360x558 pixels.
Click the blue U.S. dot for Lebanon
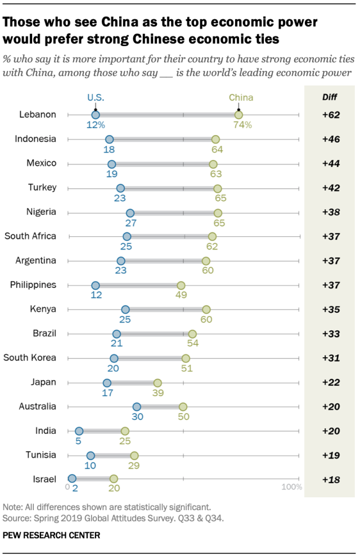pyautogui.click(x=96, y=115)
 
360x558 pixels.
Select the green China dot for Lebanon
pyautogui.click(x=238, y=115)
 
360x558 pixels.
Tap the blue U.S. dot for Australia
pyautogui.click(x=137, y=407)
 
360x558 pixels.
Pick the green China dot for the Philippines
pyautogui.click(x=181, y=285)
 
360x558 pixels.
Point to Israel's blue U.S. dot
pyautogui.click(x=72, y=479)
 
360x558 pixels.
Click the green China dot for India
pyautogui.click(x=125, y=431)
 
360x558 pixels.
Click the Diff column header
pyautogui.click(x=330, y=96)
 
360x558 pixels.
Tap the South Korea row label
pyautogui.click(x=30, y=358)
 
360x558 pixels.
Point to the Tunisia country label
pyautogui.click(x=40, y=455)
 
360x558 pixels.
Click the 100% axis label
pyautogui.click(x=291, y=487)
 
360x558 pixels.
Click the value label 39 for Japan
pyautogui.click(x=157, y=393)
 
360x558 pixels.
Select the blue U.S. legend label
pyautogui.click(x=96, y=97)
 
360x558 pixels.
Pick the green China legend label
pyautogui.click(x=238, y=97)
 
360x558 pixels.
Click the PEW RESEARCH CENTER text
pyautogui.click(x=52, y=535)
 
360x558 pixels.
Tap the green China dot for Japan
pyautogui.click(x=157, y=382)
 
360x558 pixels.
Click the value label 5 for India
pyautogui.click(x=79, y=441)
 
